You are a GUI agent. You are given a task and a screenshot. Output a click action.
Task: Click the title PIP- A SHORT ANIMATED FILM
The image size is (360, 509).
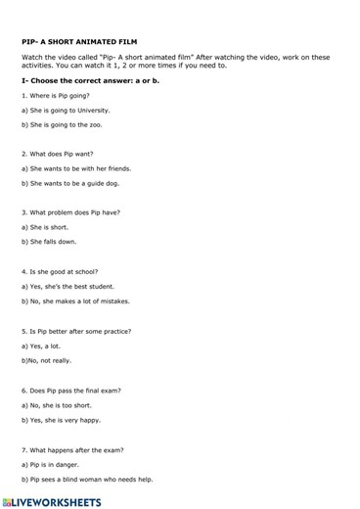[x=79, y=43]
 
